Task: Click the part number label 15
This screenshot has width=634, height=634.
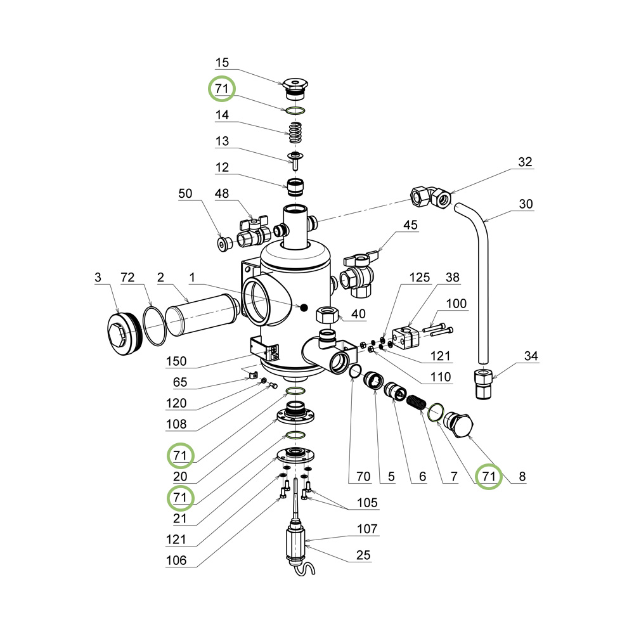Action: tap(222, 63)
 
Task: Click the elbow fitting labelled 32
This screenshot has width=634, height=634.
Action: tap(432, 195)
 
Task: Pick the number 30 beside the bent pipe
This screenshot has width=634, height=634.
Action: tap(526, 205)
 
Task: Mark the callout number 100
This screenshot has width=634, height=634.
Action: tap(456, 304)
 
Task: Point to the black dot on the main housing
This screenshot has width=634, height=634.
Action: tap(304, 307)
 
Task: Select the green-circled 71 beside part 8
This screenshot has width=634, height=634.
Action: tap(488, 476)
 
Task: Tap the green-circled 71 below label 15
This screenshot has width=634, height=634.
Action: tap(222, 89)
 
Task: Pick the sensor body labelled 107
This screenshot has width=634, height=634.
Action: tap(296, 540)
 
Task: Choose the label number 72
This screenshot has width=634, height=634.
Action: tap(127, 277)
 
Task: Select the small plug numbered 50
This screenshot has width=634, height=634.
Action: tap(222, 243)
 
